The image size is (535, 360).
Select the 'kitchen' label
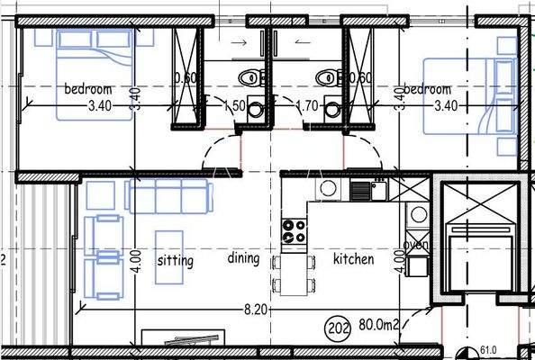353,259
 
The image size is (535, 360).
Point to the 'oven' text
416,245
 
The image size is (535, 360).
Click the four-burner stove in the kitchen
295,231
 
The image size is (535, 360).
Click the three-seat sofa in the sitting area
168,195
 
